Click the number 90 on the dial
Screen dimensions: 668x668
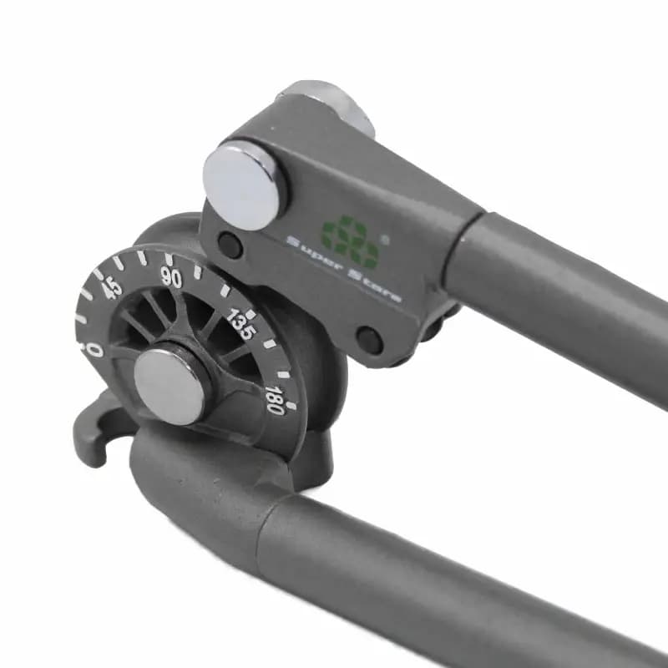click(172, 278)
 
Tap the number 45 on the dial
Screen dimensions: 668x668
click(111, 289)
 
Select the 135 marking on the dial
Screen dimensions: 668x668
click(241, 324)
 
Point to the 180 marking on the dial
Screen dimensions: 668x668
click(275, 400)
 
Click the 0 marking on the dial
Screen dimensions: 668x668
click(93, 348)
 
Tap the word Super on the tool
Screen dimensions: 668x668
click(314, 255)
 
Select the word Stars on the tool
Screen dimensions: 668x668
click(374, 286)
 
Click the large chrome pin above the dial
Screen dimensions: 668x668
click(244, 185)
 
